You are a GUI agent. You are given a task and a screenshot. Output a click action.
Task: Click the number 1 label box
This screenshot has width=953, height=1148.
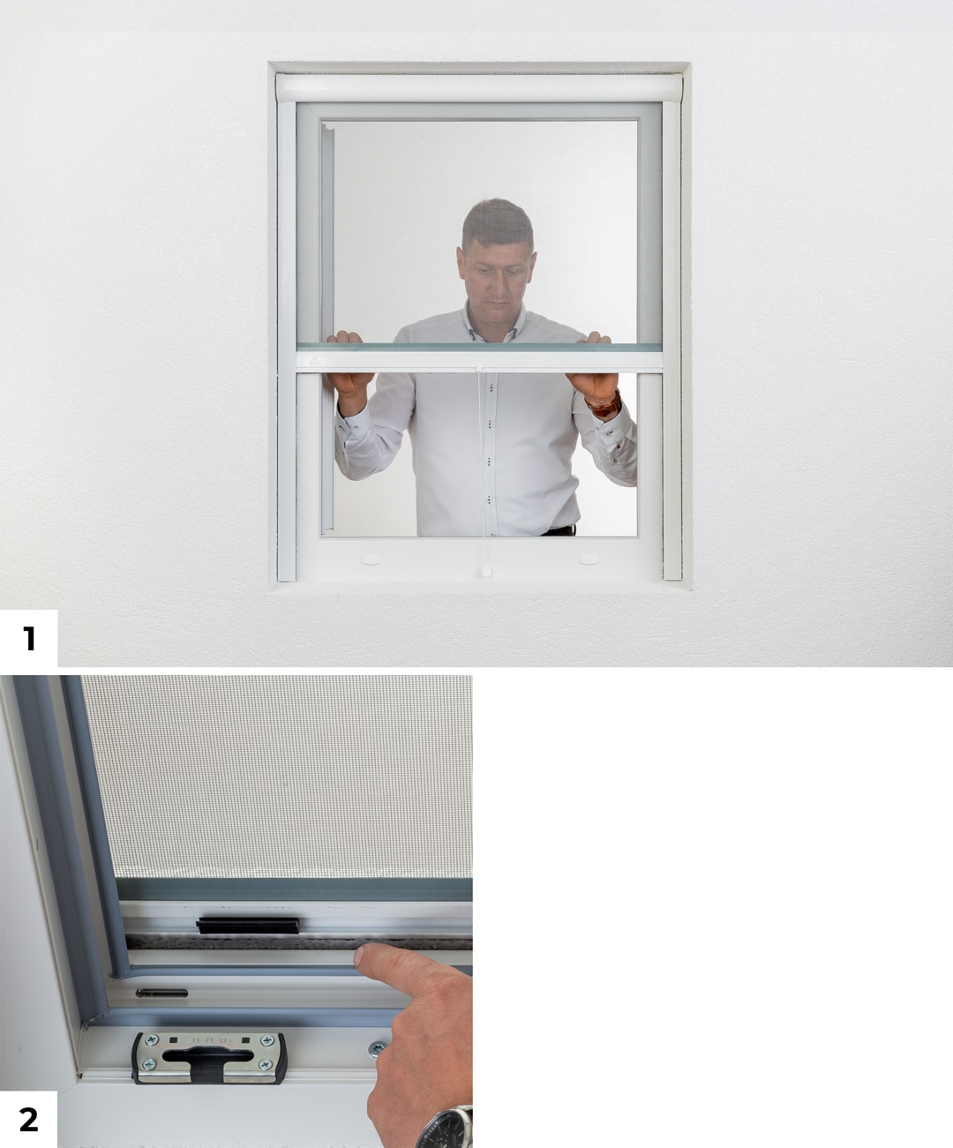(x=28, y=638)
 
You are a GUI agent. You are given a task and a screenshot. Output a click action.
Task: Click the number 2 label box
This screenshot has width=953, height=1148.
(x=28, y=1119)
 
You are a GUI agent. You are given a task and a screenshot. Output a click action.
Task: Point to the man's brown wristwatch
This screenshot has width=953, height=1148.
(x=604, y=405)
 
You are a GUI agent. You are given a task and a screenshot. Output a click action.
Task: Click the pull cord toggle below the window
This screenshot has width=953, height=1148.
(x=485, y=572)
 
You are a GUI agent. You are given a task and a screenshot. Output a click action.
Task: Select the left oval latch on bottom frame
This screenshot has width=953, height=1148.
(x=371, y=559)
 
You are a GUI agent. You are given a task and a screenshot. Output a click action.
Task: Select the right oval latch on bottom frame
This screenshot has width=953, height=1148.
(x=589, y=559)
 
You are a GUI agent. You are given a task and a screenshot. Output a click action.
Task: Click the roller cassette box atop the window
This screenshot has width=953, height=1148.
(x=478, y=87)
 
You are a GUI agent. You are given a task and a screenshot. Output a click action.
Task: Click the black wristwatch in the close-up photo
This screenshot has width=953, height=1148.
(x=446, y=1129)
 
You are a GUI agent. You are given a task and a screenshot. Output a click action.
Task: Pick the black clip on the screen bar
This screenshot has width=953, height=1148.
(x=248, y=926)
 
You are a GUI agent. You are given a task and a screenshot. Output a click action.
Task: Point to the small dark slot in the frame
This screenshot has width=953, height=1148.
(x=161, y=993)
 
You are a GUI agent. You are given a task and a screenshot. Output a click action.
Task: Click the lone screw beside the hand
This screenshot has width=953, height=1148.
(x=377, y=1048)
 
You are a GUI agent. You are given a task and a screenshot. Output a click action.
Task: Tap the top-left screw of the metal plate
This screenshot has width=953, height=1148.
(x=151, y=1040)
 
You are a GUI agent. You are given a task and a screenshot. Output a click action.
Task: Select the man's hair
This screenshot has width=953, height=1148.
(x=497, y=222)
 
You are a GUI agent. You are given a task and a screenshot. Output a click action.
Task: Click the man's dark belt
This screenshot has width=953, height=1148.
(x=559, y=530)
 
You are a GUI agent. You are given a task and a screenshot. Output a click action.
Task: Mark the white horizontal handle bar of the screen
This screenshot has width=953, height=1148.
(x=479, y=360)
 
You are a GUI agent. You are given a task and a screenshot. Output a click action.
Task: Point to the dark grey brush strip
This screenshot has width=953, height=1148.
(x=300, y=943)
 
